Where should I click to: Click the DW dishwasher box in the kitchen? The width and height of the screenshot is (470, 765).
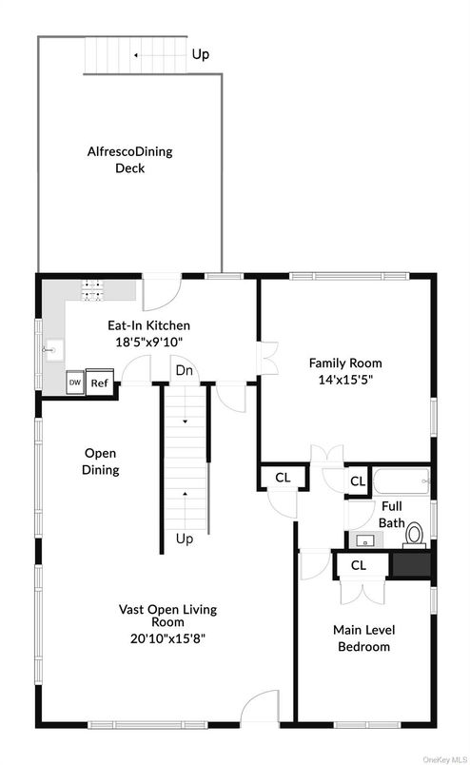click(75, 382)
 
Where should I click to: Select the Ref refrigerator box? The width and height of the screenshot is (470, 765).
click(100, 382)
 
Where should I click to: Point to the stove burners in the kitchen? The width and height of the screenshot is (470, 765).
click(92, 288)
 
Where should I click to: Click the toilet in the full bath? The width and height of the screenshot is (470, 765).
click(414, 536)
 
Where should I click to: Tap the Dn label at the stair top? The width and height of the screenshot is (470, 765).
click(184, 370)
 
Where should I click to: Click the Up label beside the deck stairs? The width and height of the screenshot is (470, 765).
click(201, 55)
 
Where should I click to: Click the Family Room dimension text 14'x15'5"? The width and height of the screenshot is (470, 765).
click(345, 379)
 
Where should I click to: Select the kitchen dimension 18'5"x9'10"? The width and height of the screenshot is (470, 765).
click(147, 342)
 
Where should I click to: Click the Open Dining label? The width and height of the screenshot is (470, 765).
click(101, 461)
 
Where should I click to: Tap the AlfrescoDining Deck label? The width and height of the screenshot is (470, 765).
click(130, 160)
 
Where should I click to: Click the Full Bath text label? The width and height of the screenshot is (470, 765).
click(393, 515)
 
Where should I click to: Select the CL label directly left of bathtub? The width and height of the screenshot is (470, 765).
click(358, 481)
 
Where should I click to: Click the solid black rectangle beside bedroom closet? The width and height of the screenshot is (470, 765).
click(411, 564)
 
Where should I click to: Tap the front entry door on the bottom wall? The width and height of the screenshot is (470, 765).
click(259, 710)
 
